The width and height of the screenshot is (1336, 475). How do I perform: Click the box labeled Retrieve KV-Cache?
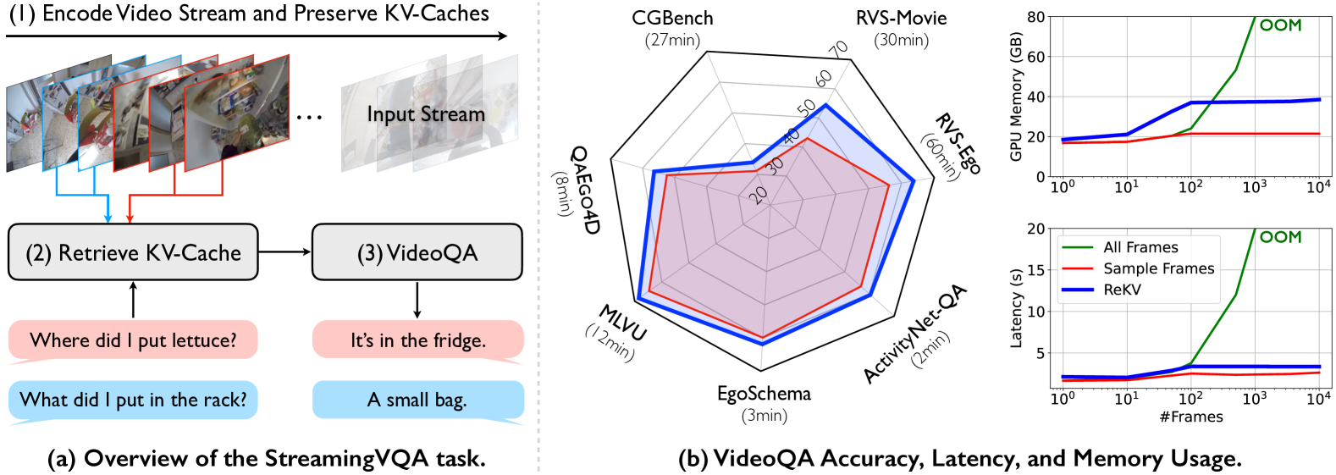[x=133, y=252]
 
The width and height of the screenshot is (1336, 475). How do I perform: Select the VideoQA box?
[x=417, y=252]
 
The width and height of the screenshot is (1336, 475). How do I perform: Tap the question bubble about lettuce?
[x=133, y=340]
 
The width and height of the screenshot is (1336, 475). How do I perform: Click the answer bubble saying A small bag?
[x=417, y=400]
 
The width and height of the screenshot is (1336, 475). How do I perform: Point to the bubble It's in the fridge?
[x=417, y=340]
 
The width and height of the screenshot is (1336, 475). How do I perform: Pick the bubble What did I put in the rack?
[x=133, y=400]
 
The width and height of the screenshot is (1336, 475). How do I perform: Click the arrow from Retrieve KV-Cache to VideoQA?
[x=284, y=251]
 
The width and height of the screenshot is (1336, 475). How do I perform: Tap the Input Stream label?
[x=426, y=114]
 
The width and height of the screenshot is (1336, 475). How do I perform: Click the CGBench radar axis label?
[x=672, y=18]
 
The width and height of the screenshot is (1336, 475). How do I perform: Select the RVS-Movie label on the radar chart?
[x=901, y=18]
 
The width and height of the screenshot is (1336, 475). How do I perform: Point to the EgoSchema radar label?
[x=764, y=394]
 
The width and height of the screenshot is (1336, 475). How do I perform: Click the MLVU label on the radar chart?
[x=623, y=323]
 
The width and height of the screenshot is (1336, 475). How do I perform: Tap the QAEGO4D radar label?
[x=584, y=190]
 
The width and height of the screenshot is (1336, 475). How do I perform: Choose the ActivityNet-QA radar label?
[x=914, y=334]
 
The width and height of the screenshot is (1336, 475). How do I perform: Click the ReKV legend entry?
[x=1122, y=290]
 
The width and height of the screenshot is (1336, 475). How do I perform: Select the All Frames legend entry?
[x=1140, y=247]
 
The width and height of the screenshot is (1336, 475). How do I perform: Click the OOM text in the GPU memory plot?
[x=1280, y=25]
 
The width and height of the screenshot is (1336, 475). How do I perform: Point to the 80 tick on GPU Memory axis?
[x=1035, y=17]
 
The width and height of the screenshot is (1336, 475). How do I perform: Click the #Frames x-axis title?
[x=1190, y=417]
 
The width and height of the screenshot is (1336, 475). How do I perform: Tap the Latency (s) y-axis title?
[x=1016, y=308]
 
